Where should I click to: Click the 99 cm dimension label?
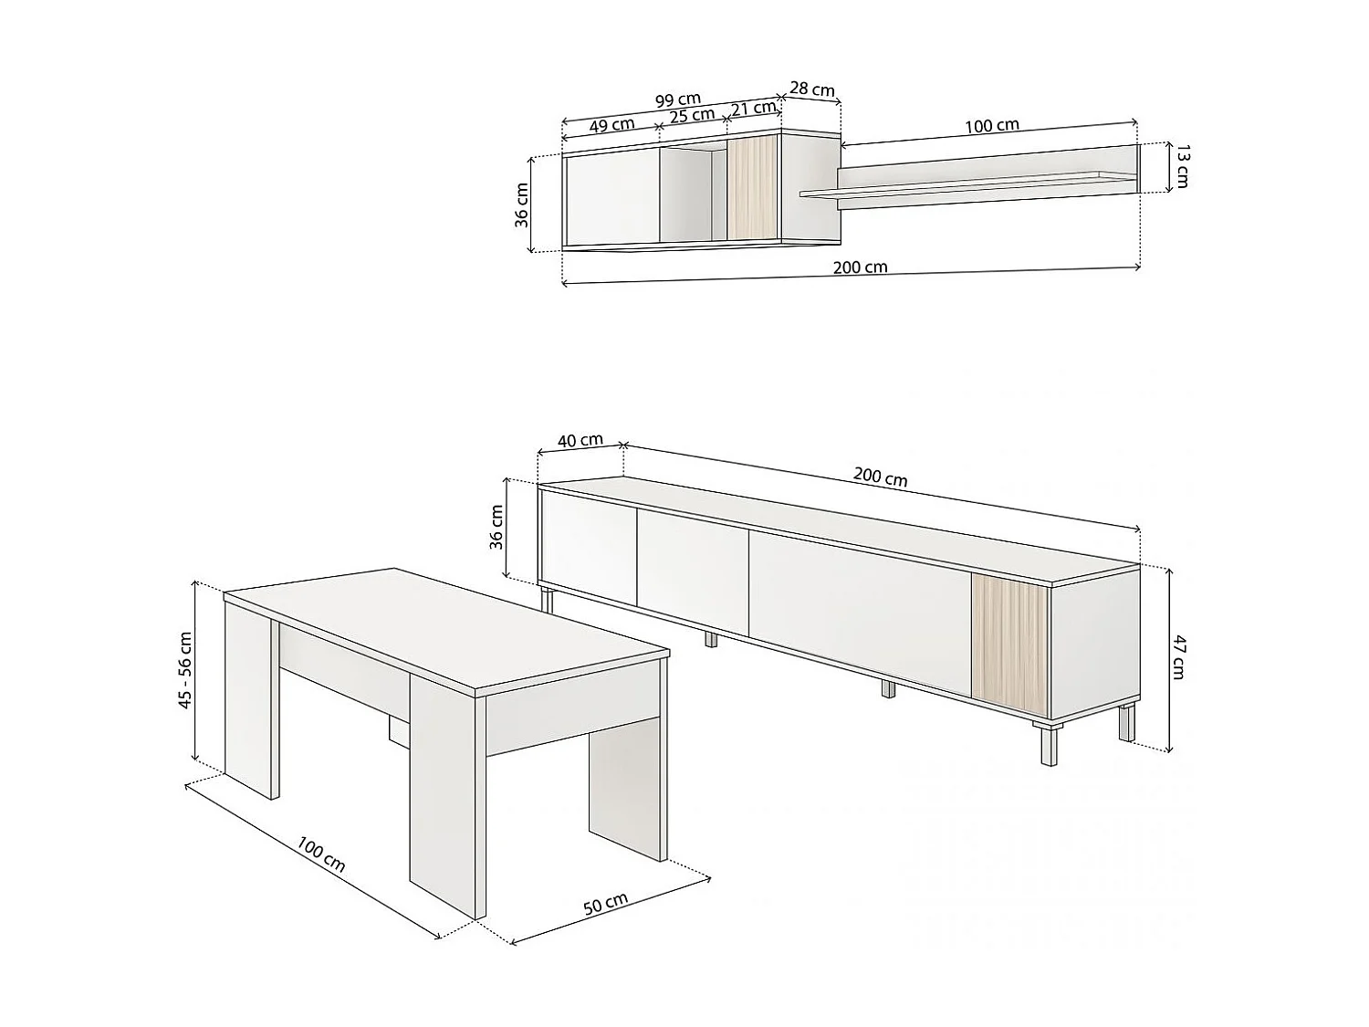tap(678, 100)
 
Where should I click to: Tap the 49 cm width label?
tap(611, 126)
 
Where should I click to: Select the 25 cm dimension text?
tap(692, 116)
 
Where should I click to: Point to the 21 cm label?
tap(753, 108)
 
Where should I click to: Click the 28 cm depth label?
tap(811, 89)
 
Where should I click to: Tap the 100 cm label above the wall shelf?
tap(992, 125)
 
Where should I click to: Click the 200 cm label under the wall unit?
tap(860, 267)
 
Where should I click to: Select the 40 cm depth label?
tap(580, 440)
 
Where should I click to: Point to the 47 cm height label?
tap(1179, 657)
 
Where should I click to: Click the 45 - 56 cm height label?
tap(186, 671)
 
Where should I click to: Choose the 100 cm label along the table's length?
tap(321, 854)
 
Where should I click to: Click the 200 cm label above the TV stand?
tap(881, 477)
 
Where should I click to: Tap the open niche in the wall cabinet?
tap(692, 194)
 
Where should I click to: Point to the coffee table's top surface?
tap(447, 630)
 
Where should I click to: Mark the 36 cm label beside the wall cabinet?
tap(522, 204)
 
